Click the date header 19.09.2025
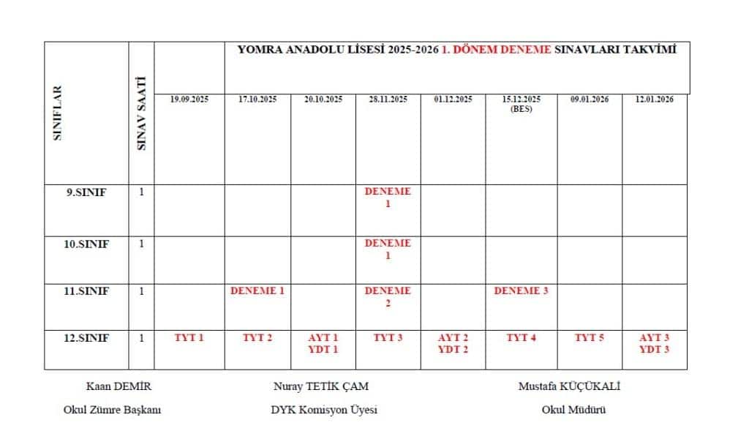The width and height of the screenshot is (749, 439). (189, 100)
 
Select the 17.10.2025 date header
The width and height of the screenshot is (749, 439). (257, 100)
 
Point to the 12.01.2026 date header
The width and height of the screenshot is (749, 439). (655, 100)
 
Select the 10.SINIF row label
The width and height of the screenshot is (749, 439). (86, 244)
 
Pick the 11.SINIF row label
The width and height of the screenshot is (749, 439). (86, 291)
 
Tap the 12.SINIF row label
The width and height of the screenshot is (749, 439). (86, 338)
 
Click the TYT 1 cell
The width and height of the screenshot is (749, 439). (189, 338)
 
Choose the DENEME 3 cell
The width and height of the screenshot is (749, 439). (522, 291)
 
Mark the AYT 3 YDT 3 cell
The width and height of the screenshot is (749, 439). (655, 344)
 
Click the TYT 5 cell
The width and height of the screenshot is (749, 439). (589, 338)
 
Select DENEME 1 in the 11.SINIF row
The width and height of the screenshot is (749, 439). (257, 291)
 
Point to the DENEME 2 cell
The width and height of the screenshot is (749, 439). (388, 297)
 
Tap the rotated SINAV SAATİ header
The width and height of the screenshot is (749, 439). (142, 113)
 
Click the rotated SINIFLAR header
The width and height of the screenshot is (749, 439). (58, 113)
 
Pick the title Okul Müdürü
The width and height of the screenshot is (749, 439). (573, 410)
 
